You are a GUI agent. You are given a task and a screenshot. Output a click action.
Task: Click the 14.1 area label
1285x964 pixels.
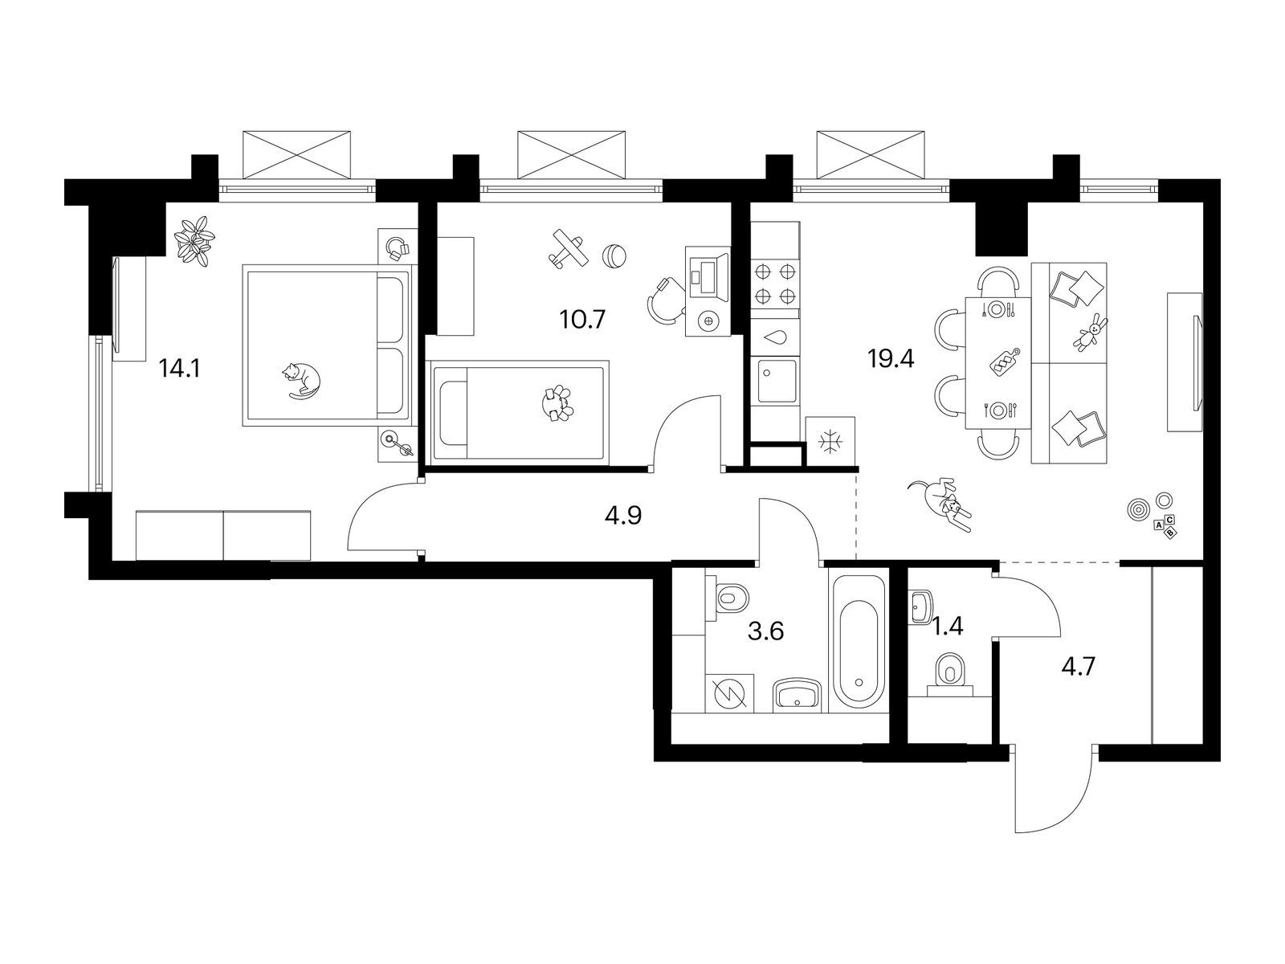(180, 368)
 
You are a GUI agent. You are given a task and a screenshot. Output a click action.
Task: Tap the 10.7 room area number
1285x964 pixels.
(582, 320)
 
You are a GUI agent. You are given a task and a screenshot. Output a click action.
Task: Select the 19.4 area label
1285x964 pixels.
(891, 359)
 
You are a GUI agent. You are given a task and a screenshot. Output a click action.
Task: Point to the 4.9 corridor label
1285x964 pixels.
(623, 515)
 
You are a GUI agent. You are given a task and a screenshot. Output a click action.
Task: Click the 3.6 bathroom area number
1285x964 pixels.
(766, 631)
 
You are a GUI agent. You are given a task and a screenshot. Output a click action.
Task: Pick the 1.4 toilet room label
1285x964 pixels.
(948, 627)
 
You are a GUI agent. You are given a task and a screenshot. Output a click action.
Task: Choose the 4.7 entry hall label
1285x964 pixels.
(1079, 667)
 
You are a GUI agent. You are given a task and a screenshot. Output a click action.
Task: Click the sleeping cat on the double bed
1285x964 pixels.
(302, 381)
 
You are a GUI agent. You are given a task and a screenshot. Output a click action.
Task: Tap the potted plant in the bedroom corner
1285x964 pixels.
(194, 240)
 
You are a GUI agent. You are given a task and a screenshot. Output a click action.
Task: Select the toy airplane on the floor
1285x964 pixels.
(567, 249)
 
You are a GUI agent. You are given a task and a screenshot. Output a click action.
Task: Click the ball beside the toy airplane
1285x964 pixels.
(614, 255)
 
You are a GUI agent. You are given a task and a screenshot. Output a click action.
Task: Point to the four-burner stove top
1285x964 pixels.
(775, 284)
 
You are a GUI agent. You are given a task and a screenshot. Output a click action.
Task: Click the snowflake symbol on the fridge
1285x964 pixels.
(830, 441)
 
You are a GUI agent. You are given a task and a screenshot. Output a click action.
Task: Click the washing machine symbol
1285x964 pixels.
(730, 694)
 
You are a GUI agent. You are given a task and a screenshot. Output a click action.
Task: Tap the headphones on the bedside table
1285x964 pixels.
(398, 247)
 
